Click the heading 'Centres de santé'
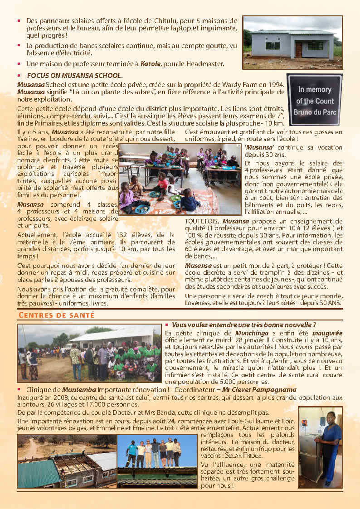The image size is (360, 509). click(56, 315)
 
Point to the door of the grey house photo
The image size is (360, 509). click(298, 49)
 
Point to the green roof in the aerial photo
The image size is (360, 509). click(38, 473)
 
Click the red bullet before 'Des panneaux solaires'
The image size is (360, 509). click(19, 21)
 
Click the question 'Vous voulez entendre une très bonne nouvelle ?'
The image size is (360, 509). click(244, 325)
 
